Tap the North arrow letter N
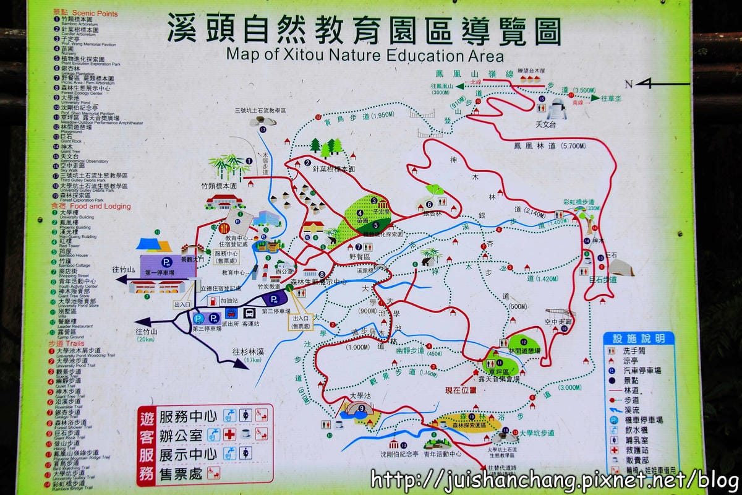pos(629,84)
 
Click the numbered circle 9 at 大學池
pos(362,407)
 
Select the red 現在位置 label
pos(461,390)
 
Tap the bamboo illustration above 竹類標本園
pos(228,166)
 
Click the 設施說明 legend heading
pos(639,338)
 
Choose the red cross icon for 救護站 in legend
pos(614,450)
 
